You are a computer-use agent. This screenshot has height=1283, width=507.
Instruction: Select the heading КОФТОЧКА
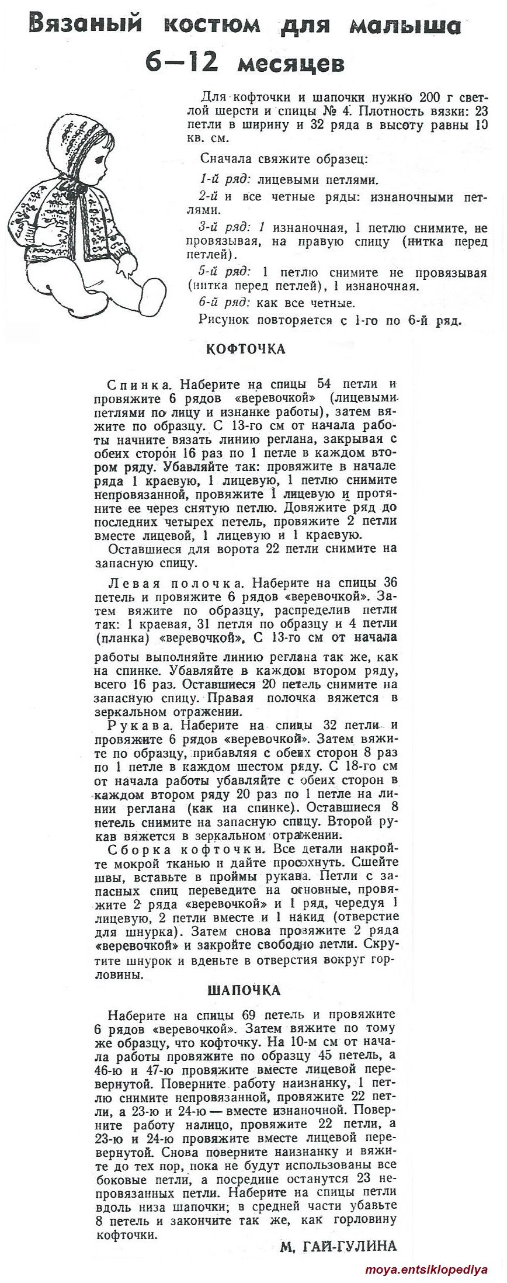point(245,349)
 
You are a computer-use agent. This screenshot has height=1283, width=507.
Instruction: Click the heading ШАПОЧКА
point(244,990)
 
